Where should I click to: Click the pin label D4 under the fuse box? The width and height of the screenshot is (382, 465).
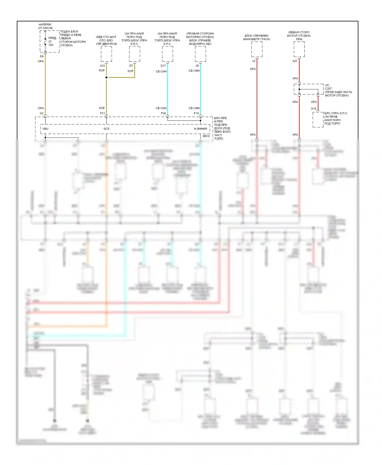tap(42, 56)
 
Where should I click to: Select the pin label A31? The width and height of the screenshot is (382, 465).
tap(102, 66)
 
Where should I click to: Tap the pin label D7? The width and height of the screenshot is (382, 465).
tap(131, 66)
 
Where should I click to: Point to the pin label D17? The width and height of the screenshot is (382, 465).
tap(163, 66)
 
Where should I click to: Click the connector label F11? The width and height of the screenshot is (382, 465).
tap(102, 113)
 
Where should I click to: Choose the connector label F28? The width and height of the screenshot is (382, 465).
tap(163, 113)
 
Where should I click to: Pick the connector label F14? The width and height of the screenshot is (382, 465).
tap(196, 113)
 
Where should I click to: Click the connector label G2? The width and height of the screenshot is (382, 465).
tap(42, 113)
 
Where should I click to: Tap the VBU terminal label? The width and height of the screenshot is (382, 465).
tap(45, 129)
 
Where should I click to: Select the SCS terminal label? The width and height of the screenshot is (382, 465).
tap(106, 129)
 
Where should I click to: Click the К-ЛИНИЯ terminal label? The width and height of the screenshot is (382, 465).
tap(200, 129)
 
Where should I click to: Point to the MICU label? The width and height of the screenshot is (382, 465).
tap(206, 136)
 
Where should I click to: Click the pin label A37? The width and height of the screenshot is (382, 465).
tap(295, 61)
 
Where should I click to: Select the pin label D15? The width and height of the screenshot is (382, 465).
tap(314, 109)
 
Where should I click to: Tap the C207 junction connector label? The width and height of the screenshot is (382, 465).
tap(328, 89)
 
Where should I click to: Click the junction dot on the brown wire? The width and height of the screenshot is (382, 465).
tap(106, 77)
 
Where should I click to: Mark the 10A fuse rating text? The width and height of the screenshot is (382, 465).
tap(51, 45)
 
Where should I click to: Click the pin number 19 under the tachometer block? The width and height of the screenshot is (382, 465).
tap(254, 61)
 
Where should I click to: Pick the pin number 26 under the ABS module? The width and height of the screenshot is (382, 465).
tap(197, 66)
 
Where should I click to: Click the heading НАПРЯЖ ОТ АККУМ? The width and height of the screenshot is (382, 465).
tap(45, 26)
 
